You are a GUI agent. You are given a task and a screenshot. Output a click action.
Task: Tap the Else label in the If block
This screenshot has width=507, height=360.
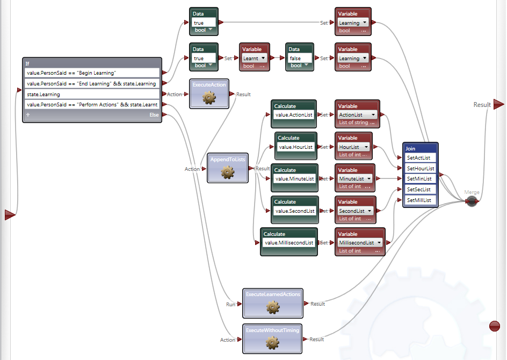pos(154,115)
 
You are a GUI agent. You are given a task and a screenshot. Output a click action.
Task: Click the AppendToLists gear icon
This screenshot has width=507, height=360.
pos(228,171)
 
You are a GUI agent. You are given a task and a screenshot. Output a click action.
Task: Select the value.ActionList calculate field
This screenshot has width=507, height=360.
pos(293,114)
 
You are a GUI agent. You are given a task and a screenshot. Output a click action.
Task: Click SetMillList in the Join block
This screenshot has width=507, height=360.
pos(420,200)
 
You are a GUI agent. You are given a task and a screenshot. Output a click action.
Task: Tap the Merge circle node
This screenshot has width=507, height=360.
pos(472,201)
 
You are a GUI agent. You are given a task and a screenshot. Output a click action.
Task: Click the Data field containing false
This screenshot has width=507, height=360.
pos(300,58)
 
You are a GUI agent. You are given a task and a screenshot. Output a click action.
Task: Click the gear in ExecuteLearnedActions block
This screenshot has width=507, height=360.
pos(273,307)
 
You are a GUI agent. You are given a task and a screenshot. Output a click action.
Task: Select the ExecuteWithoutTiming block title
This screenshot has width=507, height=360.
pos(272,329)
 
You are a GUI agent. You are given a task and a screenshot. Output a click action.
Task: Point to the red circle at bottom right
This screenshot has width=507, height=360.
pos(495,326)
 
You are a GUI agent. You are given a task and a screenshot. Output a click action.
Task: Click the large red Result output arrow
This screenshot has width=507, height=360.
pos(498,104)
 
